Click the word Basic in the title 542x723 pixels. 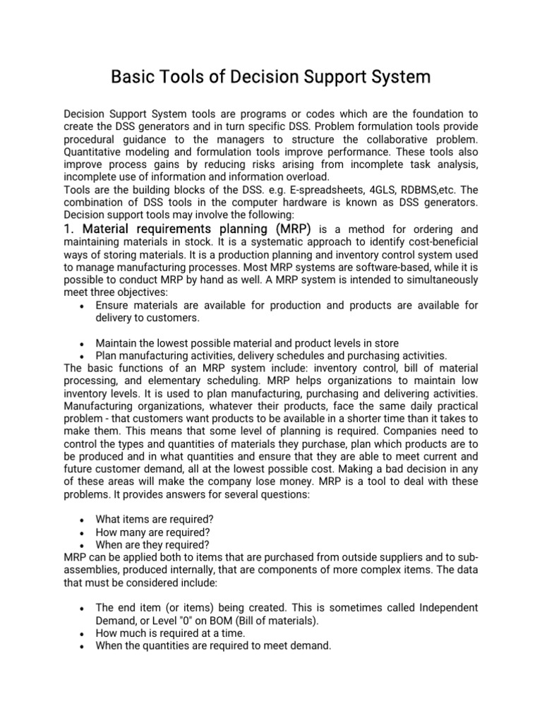click(133, 77)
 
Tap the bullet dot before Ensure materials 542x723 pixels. click(83, 306)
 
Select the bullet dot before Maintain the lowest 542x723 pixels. click(83, 344)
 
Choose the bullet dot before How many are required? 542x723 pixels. click(83, 532)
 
